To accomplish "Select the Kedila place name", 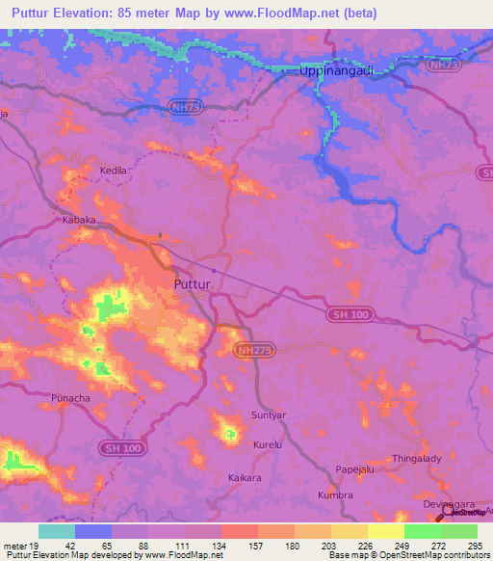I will [x=115, y=170].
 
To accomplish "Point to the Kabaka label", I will [x=79, y=220].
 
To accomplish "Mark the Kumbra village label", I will [x=335, y=494].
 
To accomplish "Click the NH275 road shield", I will [x=255, y=352].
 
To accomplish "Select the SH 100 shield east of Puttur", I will [x=346, y=317].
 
